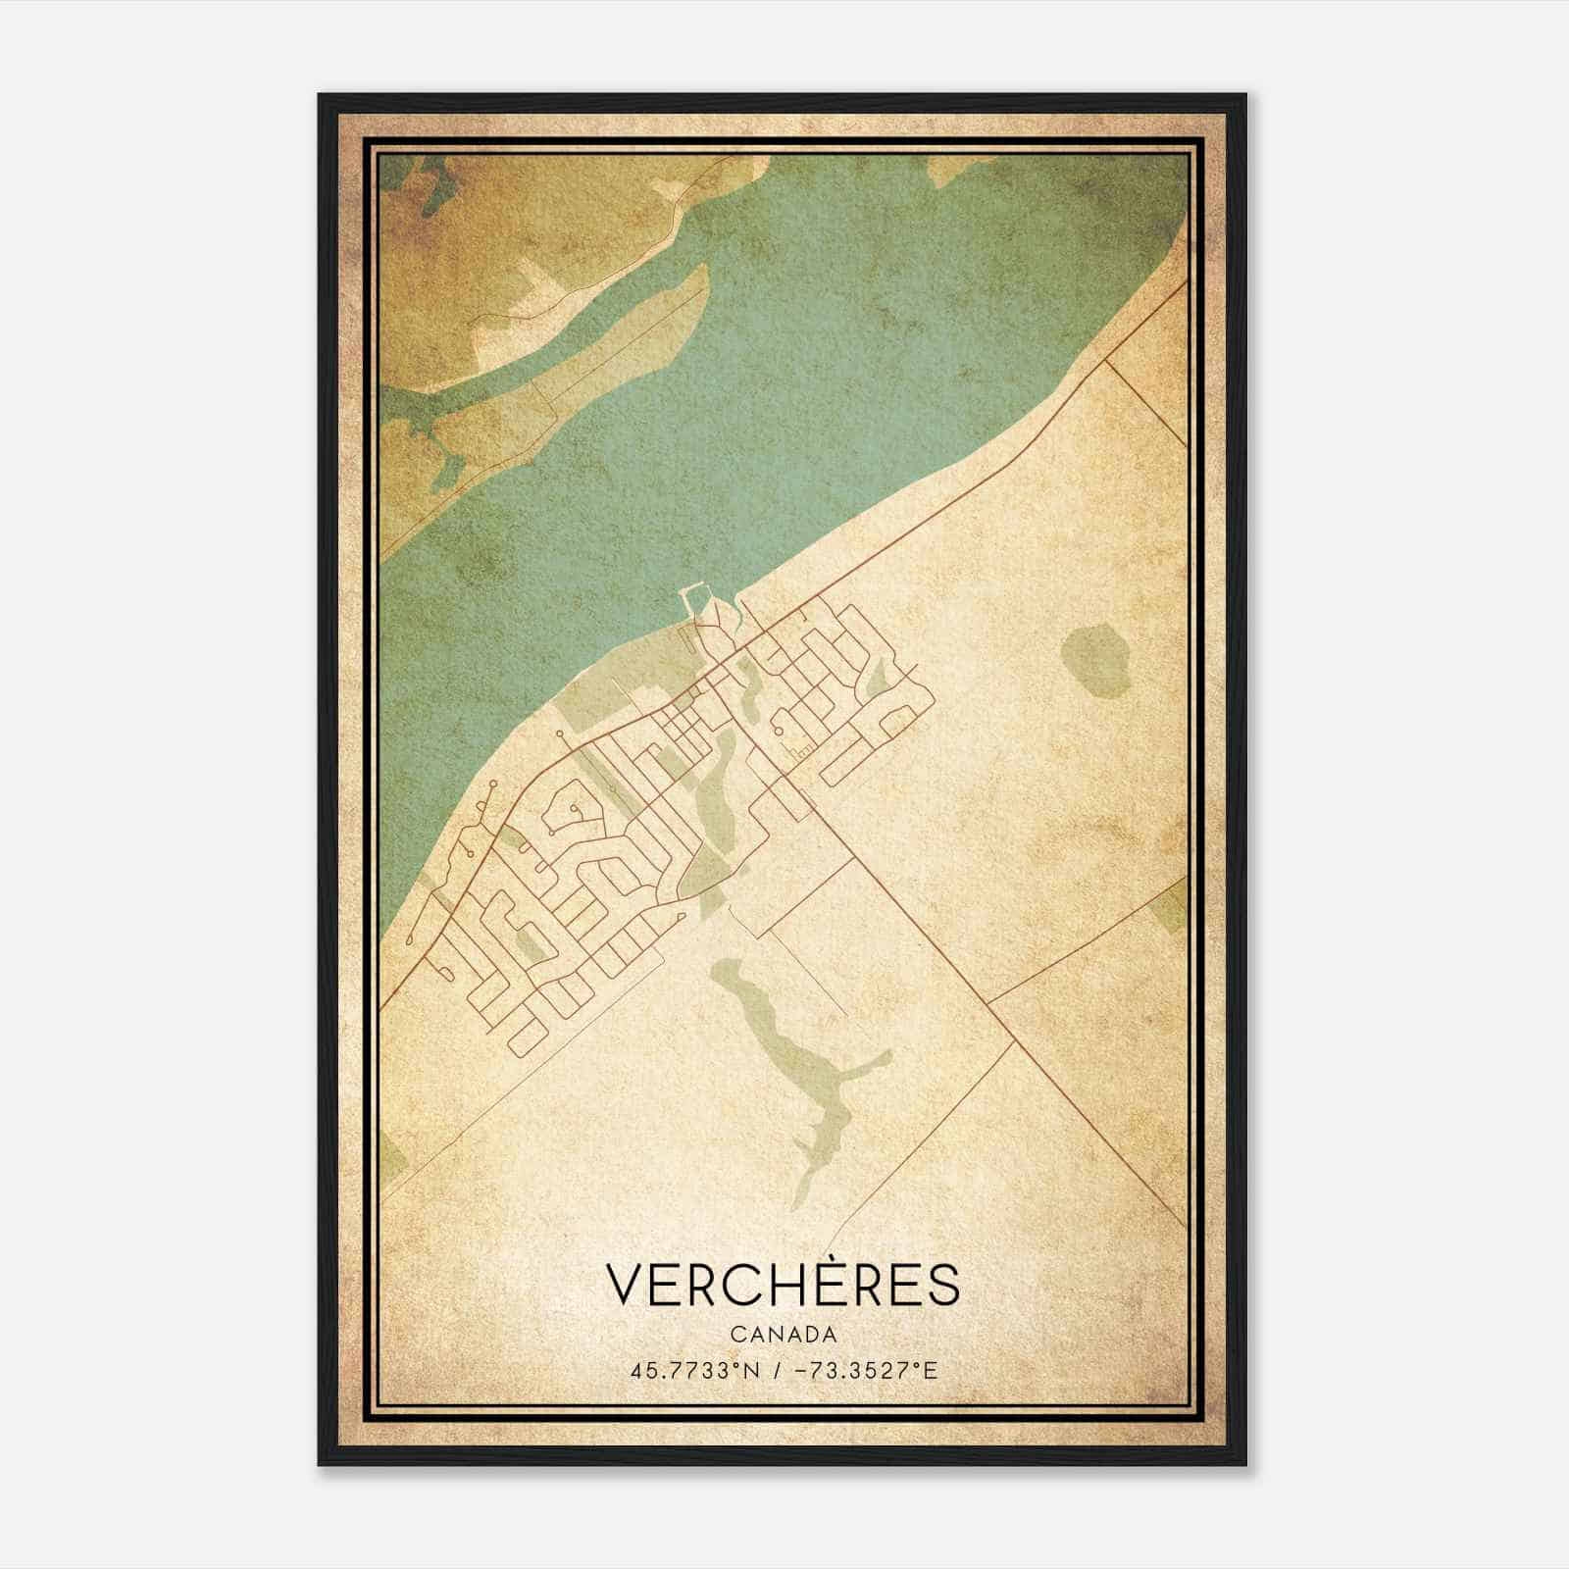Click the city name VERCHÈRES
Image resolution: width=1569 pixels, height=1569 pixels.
pos(783,1286)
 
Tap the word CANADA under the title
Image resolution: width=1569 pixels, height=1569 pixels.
pos(783,1335)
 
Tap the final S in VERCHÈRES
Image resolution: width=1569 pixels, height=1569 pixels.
pos(942,1286)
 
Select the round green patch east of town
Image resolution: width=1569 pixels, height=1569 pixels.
pos(1095,660)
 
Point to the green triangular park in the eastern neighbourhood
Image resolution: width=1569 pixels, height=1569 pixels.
pos(879,677)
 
